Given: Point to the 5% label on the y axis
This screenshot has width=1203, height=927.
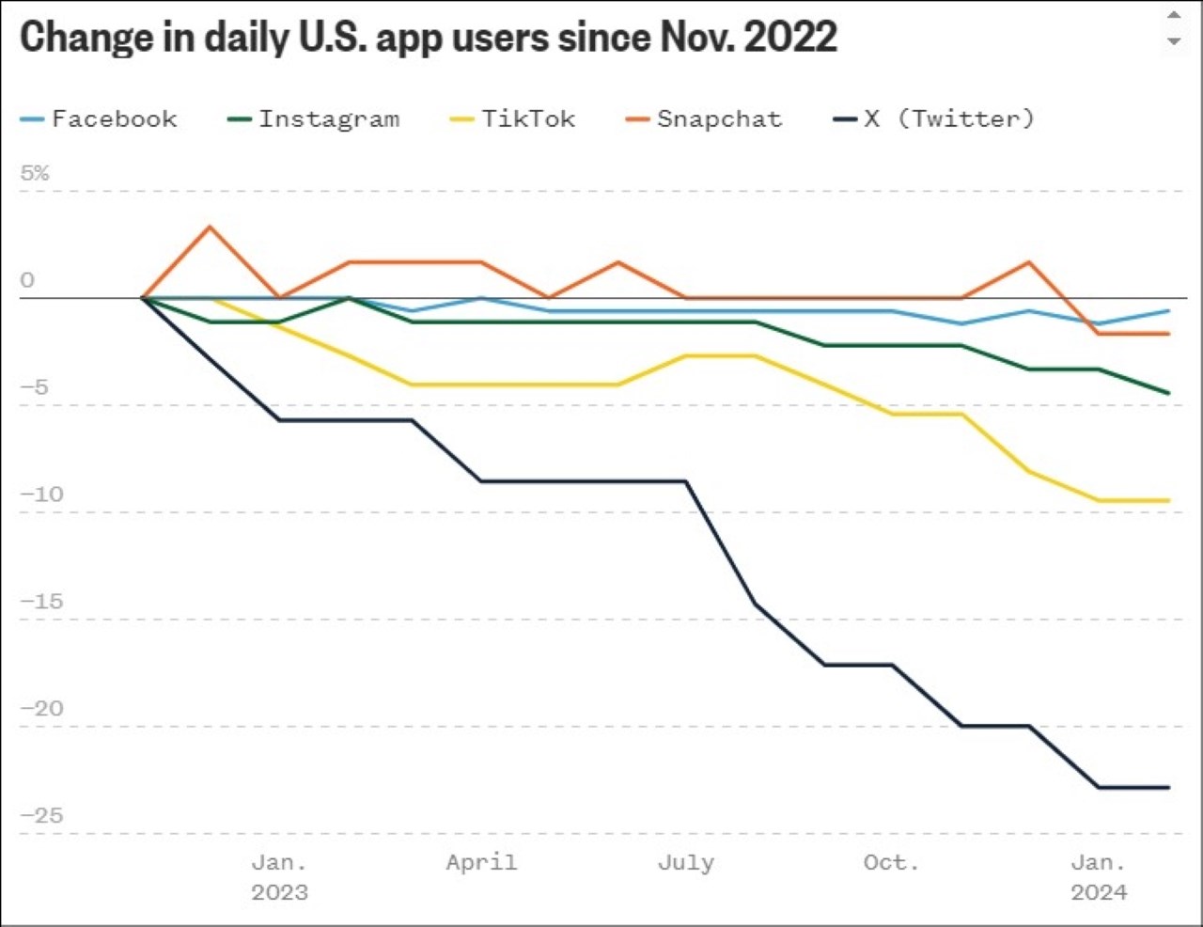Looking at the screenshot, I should coord(35,173).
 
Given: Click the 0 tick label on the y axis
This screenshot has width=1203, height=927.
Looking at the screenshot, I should coord(27,280).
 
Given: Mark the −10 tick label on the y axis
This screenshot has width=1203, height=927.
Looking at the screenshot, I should coord(42,495).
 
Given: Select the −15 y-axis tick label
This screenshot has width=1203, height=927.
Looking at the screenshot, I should coord(42,602).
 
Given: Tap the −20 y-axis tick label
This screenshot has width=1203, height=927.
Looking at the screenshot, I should coord(42,709).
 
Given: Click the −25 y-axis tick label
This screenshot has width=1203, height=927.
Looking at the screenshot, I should coord(42,816).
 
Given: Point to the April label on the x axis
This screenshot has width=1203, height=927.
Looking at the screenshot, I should coord(481,862).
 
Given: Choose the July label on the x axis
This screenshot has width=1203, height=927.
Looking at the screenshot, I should coord(686,862).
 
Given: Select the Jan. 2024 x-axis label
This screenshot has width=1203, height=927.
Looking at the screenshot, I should coord(1098,876).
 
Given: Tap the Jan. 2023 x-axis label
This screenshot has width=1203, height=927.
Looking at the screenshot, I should coord(279,876).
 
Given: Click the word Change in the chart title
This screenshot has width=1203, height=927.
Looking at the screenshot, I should coord(85,38).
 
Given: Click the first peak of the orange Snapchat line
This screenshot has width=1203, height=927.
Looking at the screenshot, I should coord(210,227).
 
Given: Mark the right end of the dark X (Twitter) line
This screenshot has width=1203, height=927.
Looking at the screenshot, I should coord(1168,787).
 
